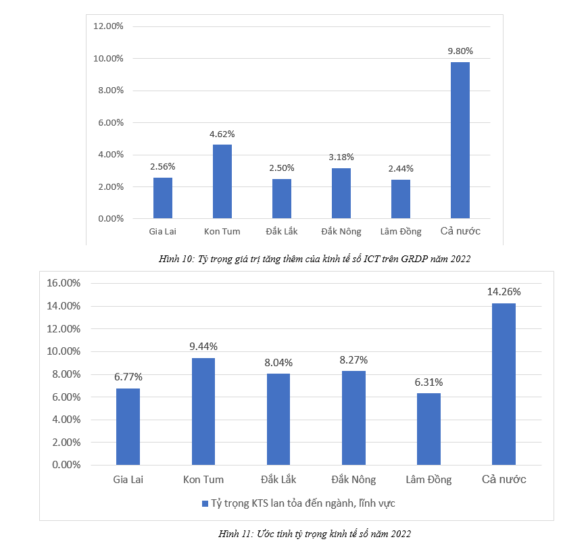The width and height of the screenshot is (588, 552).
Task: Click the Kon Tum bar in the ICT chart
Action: pos(222,181)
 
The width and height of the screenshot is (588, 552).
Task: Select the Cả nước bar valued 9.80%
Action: pos(460,140)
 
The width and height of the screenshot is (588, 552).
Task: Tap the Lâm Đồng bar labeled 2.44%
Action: pos(400,199)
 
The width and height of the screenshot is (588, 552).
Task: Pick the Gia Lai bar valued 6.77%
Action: pos(128,426)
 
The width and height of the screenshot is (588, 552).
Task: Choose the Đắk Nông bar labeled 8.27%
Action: pos(353,418)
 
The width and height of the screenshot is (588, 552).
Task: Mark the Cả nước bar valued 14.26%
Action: pos(504,384)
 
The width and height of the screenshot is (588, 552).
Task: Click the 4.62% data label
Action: pos(222,134)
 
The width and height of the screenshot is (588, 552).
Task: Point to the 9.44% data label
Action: pos(203,347)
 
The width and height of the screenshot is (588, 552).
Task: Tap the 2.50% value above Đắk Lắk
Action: pos(281,168)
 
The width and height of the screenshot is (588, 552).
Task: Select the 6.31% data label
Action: pos(428,382)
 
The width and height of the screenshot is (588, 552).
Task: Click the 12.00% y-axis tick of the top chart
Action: pos(108,26)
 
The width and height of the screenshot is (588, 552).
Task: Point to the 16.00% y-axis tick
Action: pos(63,283)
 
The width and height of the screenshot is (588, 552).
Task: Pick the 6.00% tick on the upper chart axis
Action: pos(110,123)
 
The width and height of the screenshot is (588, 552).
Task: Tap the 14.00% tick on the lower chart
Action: pos(63,306)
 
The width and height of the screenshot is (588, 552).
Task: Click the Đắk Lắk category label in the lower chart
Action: pos(278,480)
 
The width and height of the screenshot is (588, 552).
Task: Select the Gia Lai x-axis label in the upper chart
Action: pos(163,232)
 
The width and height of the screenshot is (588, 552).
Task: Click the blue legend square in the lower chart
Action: pos(205,503)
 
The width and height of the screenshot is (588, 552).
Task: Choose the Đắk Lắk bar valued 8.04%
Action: pos(278,419)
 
